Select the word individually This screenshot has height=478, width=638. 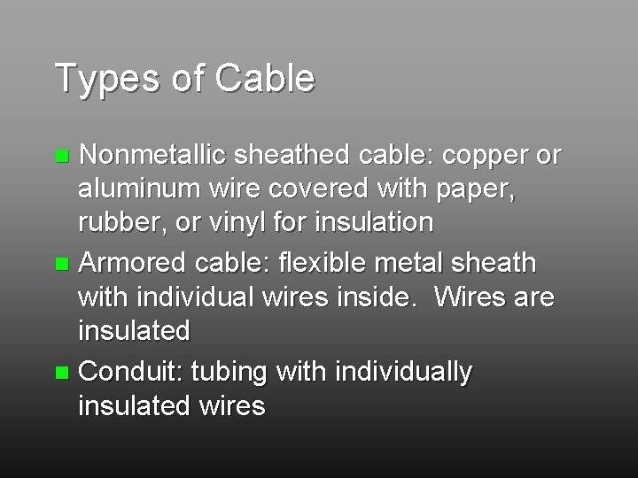(x=406, y=373)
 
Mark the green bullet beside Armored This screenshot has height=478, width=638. (x=61, y=264)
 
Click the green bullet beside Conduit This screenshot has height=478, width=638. (x=61, y=373)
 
